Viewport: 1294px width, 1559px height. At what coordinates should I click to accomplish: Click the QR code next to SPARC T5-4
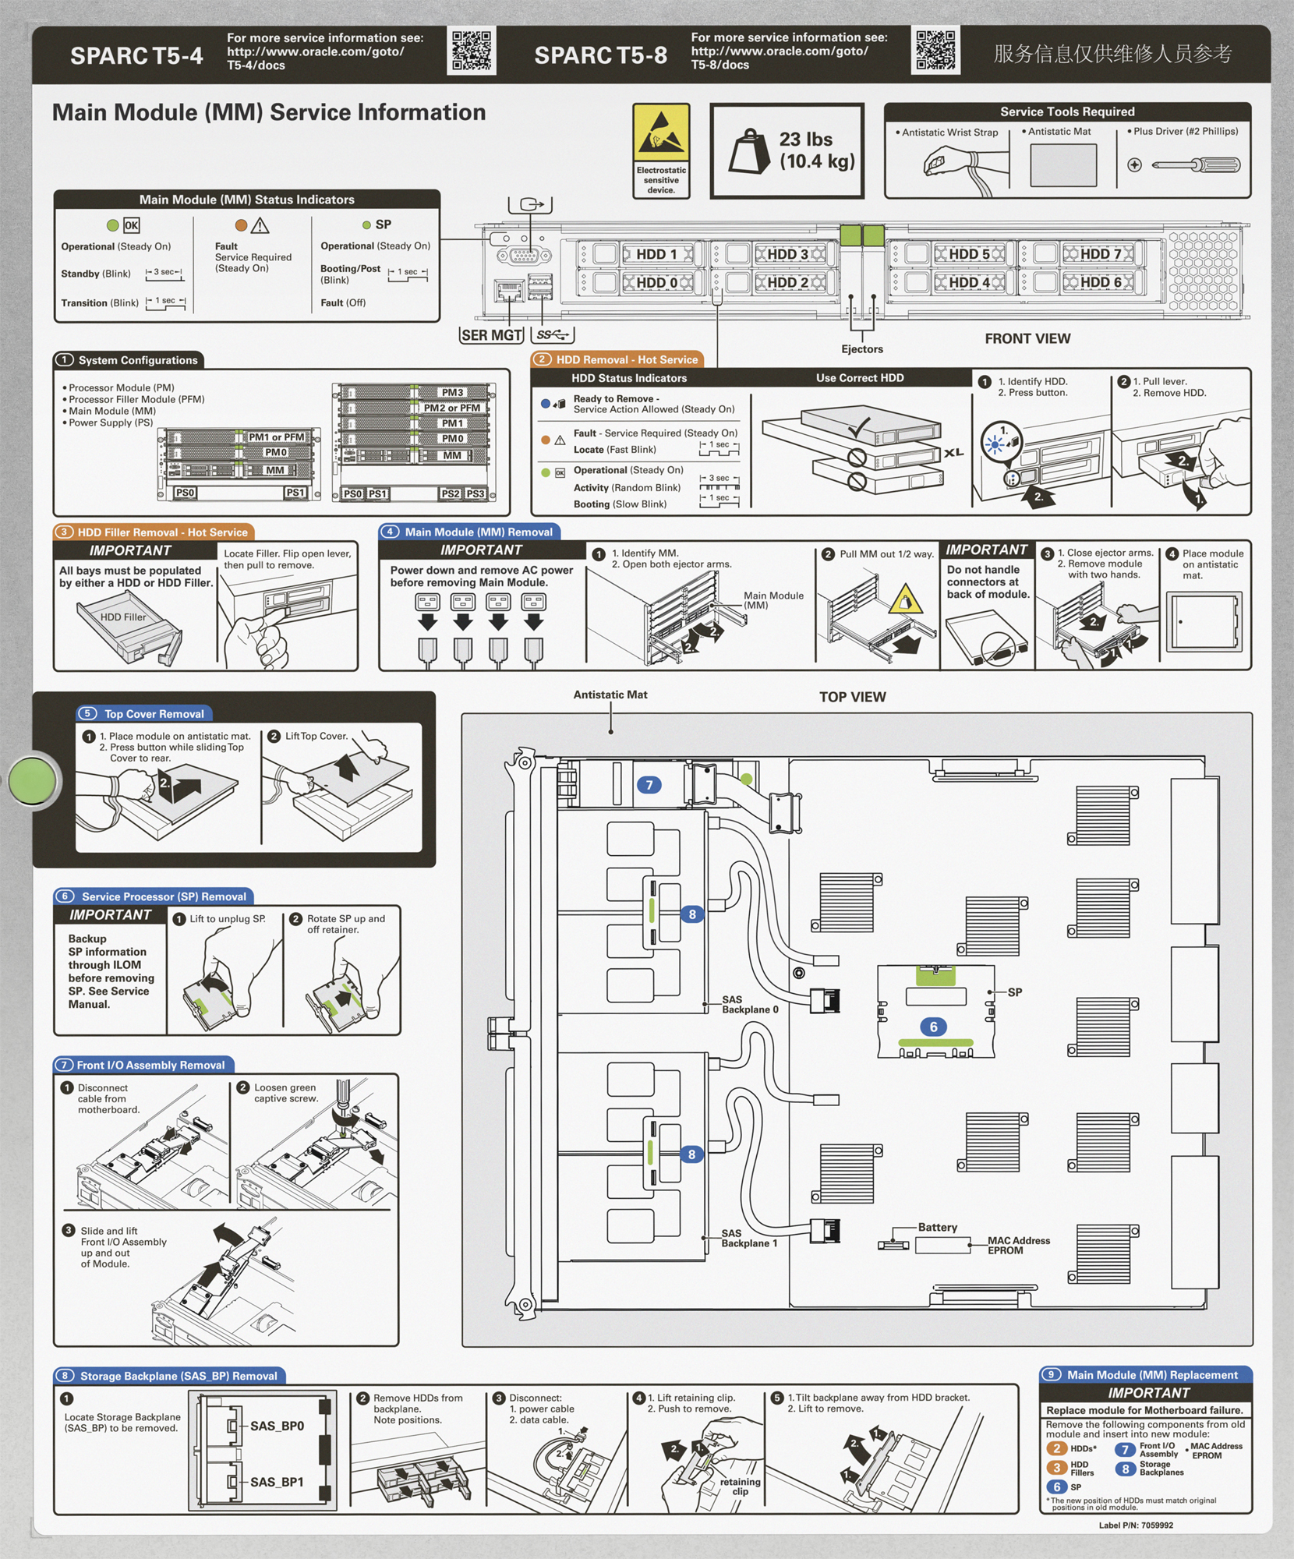[x=472, y=51]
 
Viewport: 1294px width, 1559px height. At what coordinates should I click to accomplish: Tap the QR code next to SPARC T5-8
[x=935, y=51]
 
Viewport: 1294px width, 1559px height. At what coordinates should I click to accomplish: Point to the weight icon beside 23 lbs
[x=749, y=151]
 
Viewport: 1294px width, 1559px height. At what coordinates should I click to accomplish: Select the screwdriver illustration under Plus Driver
[x=1195, y=164]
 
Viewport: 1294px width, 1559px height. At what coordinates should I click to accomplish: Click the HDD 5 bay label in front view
[x=969, y=254]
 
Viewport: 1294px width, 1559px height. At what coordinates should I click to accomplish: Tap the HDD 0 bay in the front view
[x=656, y=282]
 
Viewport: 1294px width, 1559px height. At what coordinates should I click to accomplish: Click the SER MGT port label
[x=491, y=335]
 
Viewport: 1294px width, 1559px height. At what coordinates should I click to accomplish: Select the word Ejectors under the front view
[x=862, y=349]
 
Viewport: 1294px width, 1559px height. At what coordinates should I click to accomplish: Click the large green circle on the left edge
[x=33, y=779]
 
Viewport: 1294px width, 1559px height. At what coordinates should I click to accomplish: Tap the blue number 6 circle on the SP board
[x=933, y=1027]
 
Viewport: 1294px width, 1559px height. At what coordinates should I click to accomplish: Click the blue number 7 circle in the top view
[x=649, y=785]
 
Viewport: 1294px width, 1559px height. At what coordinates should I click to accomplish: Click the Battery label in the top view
[x=937, y=1227]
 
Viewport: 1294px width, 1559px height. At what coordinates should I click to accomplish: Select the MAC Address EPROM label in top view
[x=1018, y=1245]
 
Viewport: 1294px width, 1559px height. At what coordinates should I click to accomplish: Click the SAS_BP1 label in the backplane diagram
[x=277, y=1482]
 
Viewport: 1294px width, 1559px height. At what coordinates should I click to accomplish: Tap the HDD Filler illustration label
[x=122, y=617]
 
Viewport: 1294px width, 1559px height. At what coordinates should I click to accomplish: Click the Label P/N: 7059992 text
[x=1136, y=1525]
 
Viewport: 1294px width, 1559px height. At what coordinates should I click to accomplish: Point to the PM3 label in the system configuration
[x=452, y=392]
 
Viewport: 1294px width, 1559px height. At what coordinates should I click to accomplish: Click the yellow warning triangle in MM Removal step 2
[x=905, y=600]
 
